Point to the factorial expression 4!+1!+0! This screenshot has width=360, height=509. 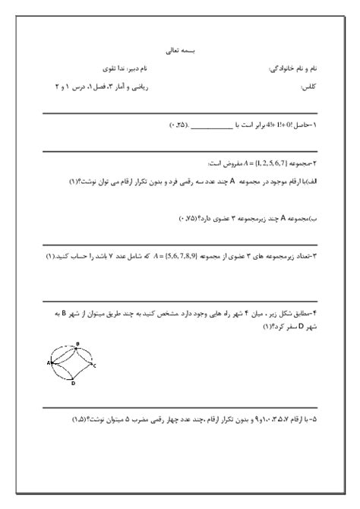[268, 123]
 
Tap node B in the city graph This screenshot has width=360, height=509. [77, 345]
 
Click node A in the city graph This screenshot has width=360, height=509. [48, 363]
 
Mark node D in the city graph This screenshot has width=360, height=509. [73, 384]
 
